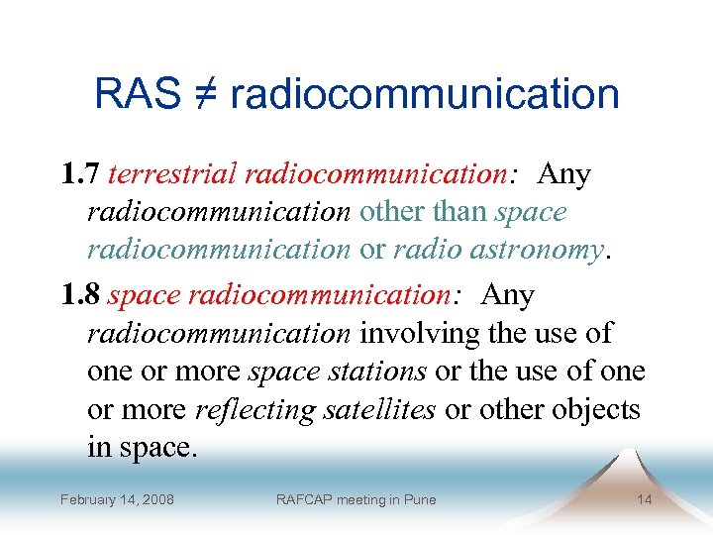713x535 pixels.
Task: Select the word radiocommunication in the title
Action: click(425, 95)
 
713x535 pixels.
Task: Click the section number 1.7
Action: click(79, 175)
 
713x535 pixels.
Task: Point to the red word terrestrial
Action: click(172, 175)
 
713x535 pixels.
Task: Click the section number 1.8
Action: click(79, 295)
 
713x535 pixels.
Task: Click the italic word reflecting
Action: click(256, 409)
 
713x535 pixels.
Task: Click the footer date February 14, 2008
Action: click(117, 499)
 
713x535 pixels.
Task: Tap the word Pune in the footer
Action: click(420, 499)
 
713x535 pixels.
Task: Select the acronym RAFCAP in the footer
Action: click(304, 499)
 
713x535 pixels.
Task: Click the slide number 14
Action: click(644, 499)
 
